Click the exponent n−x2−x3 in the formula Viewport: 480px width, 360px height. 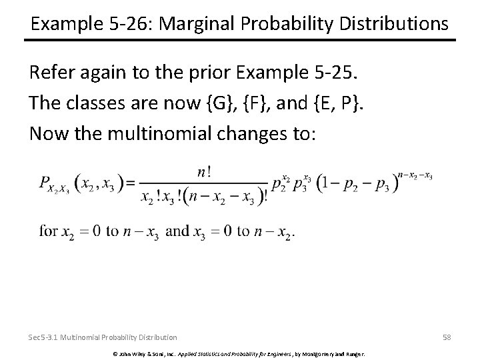coord(415,176)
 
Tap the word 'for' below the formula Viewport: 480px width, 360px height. coord(49,231)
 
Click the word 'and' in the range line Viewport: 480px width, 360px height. coord(177,231)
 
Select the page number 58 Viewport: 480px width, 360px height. coord(446,337)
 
